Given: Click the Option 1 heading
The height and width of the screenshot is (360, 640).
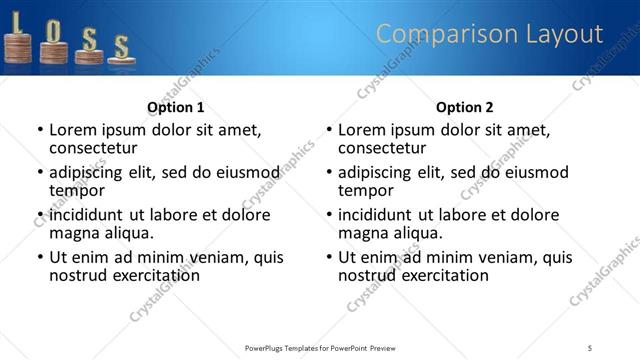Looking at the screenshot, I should [175, 107].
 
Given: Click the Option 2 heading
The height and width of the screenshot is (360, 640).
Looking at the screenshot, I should [464, 107].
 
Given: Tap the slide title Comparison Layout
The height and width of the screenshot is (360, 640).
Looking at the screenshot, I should [489, 35].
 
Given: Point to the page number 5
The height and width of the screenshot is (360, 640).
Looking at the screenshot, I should [590, 347].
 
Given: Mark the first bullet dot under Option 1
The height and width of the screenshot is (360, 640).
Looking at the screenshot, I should [40, 130].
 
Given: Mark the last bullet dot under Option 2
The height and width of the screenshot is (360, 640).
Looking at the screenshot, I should [329, 257].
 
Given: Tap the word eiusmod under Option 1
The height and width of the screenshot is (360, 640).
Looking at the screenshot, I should [244, 171].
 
